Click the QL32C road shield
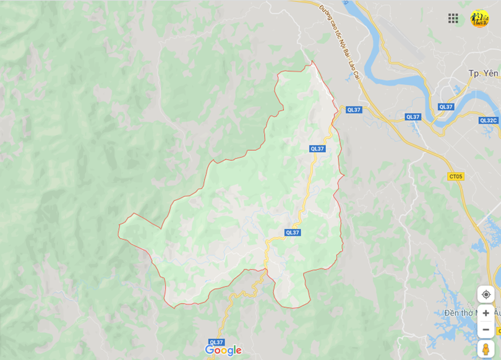(x=488, y=120)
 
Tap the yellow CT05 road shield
(x=455, y=176)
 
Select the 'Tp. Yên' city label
(x=483, y=73)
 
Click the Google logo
(x=223, y=351)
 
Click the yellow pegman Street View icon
(x=486, y=349)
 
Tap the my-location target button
(x=486, y=294)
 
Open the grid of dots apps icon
(x=453, y=19)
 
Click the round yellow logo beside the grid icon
(x=479, y=19)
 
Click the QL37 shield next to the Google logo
(x=216, y=342)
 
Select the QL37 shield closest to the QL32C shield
(x=446, y=106)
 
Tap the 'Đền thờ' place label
(x=456, y=313)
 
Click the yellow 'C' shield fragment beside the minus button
(x=498, y=331)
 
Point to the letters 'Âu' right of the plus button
(x=497, y=313)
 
